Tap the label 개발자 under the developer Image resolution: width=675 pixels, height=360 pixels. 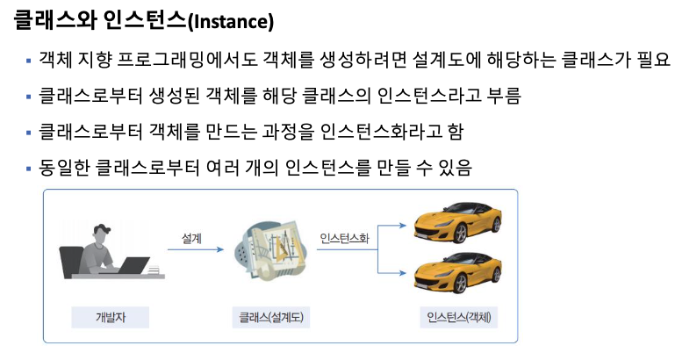coord(110,316)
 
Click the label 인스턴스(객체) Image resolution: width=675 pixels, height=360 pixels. coord(460,316)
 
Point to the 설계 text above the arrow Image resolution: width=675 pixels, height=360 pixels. coord(192,238)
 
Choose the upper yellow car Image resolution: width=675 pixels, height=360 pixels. coord(456,227)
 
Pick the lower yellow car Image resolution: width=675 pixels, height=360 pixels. coord(456,273)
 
